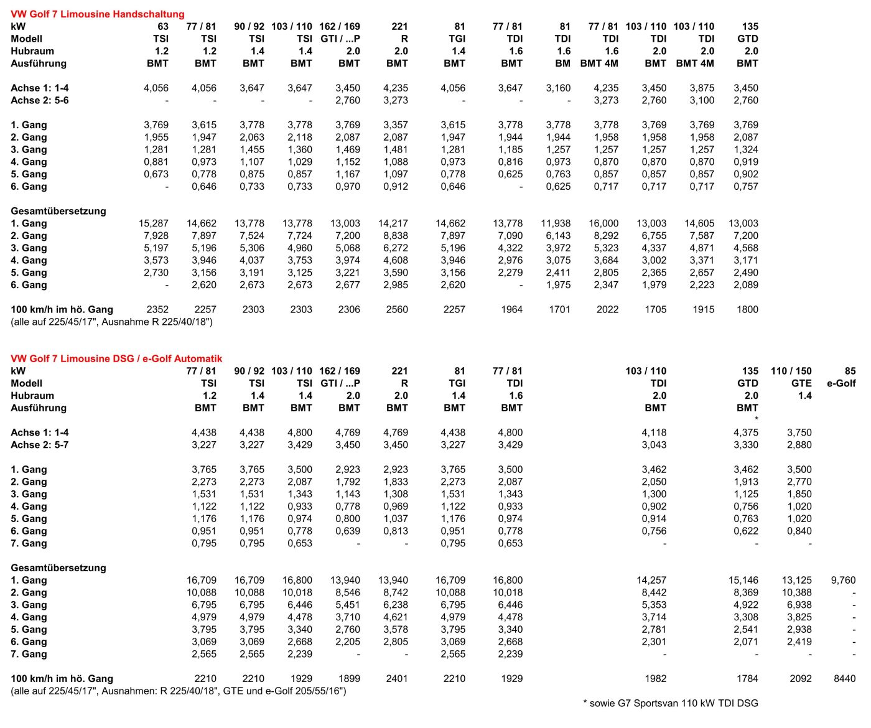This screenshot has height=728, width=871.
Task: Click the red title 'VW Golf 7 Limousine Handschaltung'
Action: tap(98, 14)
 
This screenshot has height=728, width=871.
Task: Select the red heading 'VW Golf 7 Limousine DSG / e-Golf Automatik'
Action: tap(116, 358)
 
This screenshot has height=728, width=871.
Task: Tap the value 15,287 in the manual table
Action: tap(154, 223)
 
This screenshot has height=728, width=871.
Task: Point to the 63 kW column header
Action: tap(163, 26)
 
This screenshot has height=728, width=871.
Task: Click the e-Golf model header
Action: tap(841, 383)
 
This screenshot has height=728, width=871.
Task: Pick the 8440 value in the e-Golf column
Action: tap(844, 679)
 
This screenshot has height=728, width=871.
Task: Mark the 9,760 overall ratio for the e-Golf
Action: tap(843, 580)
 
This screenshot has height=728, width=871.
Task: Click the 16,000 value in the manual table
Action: tap(603, 223)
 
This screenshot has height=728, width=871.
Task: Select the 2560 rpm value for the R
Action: tap(397, 309)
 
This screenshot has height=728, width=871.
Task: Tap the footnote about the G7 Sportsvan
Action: tap(671, 703)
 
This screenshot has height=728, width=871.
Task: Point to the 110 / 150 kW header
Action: tap(791, 371)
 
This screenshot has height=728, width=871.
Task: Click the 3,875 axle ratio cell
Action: tap(702, 88)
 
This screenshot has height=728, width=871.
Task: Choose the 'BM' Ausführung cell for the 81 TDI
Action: tap(562, 63)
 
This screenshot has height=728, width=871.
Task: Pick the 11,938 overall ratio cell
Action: tap(556, 223)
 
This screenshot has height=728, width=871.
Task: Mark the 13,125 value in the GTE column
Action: tap(797, 580)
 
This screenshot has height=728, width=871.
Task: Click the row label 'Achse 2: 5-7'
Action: tap(40, 445)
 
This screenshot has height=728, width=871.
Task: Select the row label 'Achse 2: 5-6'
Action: tap(40, 100)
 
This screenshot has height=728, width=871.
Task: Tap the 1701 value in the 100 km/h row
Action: tap(559, 309)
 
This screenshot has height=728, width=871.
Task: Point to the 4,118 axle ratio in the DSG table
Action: tap(654, 432)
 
